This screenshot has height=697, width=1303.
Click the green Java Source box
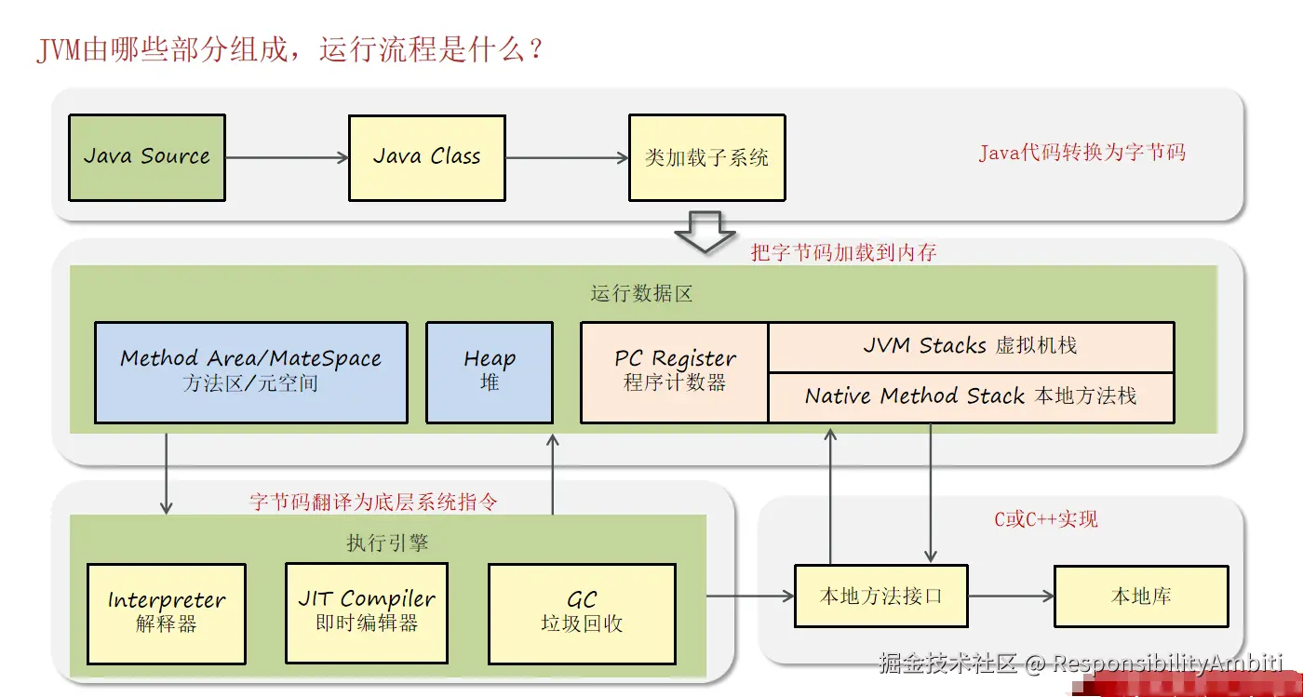147,157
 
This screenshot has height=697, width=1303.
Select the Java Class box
427,157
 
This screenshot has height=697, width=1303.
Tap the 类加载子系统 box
707,157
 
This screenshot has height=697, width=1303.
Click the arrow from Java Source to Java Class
287,157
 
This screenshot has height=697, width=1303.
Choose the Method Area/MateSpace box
251,372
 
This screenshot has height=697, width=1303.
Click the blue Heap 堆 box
490,372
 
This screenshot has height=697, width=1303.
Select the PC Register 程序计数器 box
675,372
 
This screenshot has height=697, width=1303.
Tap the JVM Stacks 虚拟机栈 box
972,347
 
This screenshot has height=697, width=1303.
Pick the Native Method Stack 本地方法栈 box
972,398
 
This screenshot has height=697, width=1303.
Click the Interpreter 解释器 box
167,614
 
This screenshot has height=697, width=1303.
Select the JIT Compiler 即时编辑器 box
367,612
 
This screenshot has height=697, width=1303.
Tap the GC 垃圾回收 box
583,614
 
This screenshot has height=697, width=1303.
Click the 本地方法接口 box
881,596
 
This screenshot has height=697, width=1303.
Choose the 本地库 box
1141,596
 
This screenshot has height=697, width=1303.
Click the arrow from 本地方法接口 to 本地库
1012,596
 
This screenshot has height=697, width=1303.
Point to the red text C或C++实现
1046,518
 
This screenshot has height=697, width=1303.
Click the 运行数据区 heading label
641,293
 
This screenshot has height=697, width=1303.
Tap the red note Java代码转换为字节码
1081,153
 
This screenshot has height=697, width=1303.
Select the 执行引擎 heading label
387,543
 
